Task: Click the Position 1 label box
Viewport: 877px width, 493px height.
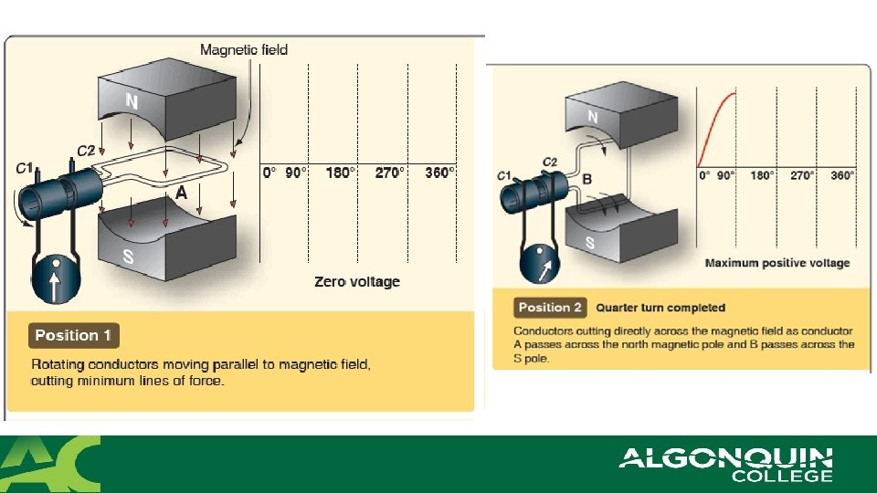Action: (73, 336)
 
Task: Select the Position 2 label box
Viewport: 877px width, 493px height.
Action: (550, 307)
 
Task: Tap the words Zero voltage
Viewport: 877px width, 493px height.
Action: (357, 281)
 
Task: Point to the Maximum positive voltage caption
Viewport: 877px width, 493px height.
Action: (777, 263)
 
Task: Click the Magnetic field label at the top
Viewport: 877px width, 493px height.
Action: (244, 49)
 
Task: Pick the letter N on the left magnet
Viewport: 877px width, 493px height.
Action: (132, 102)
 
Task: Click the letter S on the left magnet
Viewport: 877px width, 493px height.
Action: (129, 257)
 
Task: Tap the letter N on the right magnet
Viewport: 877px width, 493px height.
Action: (593, 117)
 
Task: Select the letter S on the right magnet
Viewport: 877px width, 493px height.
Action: (590, 243)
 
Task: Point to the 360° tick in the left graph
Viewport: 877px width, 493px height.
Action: (440, 173)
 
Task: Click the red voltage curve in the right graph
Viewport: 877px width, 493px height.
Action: (715, 119)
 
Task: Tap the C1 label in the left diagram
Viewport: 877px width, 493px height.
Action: (25, 168)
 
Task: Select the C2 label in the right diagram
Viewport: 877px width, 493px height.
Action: (550, 163)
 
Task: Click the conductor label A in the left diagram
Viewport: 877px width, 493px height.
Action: (182, 194)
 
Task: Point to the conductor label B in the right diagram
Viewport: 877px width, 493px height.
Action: (587, 179)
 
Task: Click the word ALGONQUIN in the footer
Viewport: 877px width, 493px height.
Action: (726, 456)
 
